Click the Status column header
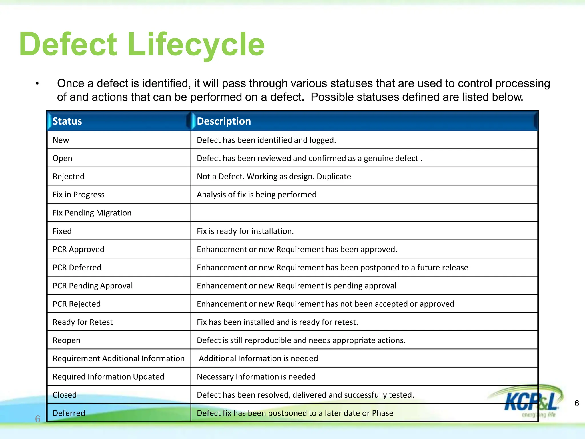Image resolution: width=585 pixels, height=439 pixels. pyautogui.click(x=67, y=121)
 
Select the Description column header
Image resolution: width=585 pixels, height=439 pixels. pyautogui.click(x=224, y=121)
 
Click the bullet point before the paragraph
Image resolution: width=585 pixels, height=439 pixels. pyautogui.click(x=37, y=83)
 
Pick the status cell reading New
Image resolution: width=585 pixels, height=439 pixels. pyautogui.click(x=61, y=140)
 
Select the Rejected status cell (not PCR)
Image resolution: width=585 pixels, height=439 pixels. pyautogui.click(x=69, y=176)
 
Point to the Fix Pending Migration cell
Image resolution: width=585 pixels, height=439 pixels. pyautogui.click(x=92, y=213)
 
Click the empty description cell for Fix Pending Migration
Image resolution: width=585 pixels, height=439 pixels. pyautogui.click(x=364, y=213)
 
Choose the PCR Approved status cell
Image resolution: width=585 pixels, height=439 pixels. pyautogui.click(x=79, y=249)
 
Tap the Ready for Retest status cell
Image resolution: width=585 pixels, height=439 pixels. pyautogui.click(x=83, y=322)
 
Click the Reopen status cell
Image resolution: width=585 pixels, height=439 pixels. pyautogui.click(x=67, y=340)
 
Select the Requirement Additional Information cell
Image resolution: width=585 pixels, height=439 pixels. pyautogui.click(x=119, y=358)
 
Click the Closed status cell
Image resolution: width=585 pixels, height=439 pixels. pyautogui.click(x=65, y=395)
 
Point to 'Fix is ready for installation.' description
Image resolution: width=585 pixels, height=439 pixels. pyautogui.click(x=245, y=231)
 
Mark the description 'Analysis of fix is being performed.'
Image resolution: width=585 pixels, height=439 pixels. pyautogui.click(x=258, y=195)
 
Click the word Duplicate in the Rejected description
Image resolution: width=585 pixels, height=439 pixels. pyautogui.click(x=334, y=176)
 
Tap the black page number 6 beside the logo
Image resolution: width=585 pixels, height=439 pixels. pyautogui.click(x=577, y=403)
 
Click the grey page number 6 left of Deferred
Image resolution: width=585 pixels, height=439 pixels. pyautogui.click(x=38, y=419)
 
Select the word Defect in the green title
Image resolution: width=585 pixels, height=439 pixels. pyautogui.click(x=68, y=45)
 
